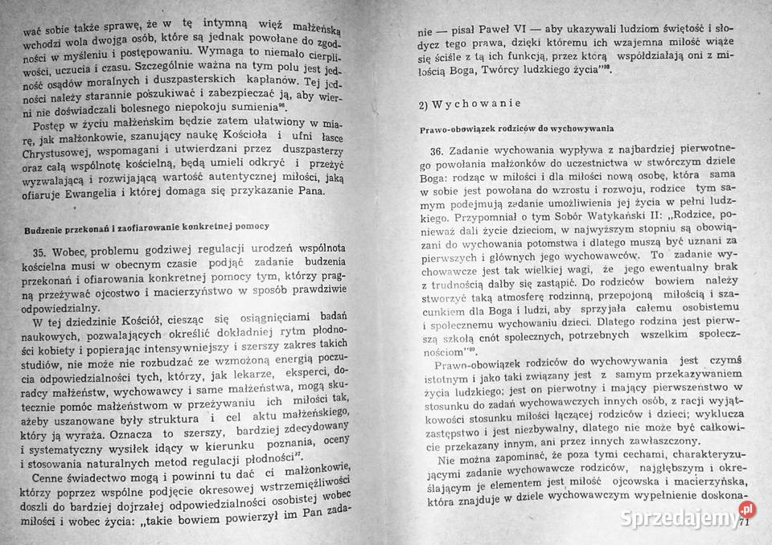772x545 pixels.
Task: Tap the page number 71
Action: [x=744, y=523]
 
